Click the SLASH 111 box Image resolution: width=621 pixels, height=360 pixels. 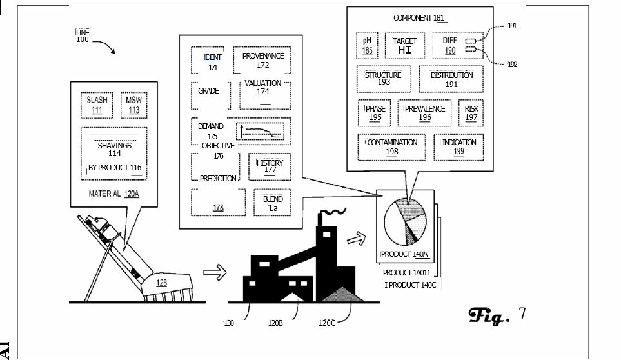[x=97, y=105]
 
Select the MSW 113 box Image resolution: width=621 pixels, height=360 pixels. [x=133, y=105]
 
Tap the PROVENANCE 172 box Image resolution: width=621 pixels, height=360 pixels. [x=262, y=61]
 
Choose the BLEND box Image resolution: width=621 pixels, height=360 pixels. [x=272, y=203]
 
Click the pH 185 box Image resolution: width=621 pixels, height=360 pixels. [x=367, y=45]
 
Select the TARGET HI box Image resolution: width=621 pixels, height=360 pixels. [x=405, y=45]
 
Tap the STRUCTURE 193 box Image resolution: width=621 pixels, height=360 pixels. [x=384, y=79]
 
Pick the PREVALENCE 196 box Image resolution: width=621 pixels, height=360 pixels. [x=424, y=113]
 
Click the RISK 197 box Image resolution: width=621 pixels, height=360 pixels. [x=471, y=113]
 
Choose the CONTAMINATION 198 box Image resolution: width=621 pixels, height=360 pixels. [x=392, y=147]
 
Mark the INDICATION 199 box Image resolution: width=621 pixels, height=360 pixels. [x=458, y=147]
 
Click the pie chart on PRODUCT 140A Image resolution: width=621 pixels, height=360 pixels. [x=404, y=222]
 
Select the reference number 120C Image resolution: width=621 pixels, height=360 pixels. [x=326, y=323]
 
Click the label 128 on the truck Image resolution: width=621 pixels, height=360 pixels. [x=161, y=283]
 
